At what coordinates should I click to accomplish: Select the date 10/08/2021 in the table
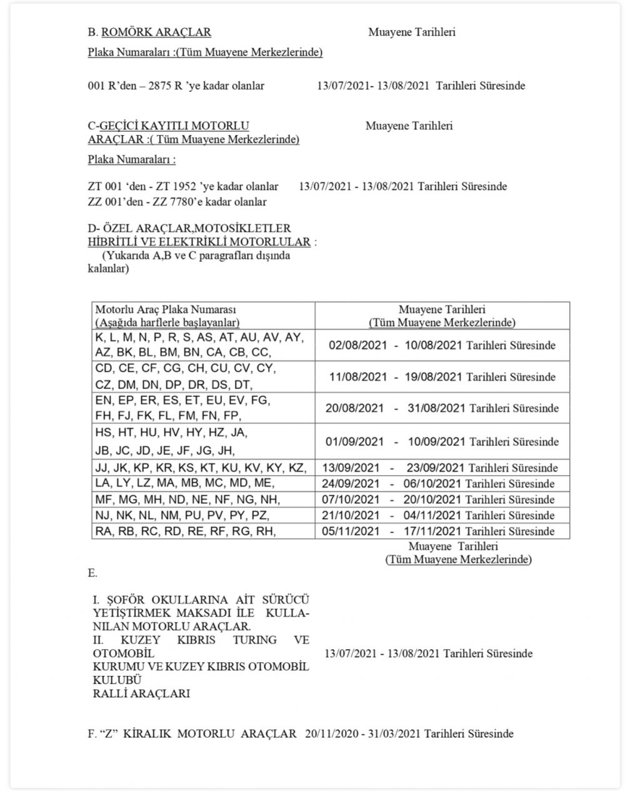(434, 345)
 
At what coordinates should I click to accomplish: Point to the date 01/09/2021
(354, 441)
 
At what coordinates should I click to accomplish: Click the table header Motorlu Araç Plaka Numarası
(166, 310)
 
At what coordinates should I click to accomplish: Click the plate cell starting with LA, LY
(184, 484)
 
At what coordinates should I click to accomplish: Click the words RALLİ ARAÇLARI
(141, 693)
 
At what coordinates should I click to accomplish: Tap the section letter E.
(92, 573)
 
